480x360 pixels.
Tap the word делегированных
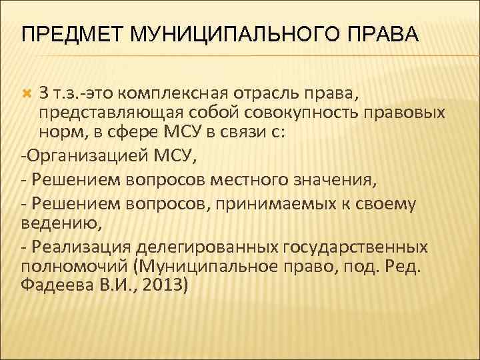205,247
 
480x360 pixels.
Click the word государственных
355,247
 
